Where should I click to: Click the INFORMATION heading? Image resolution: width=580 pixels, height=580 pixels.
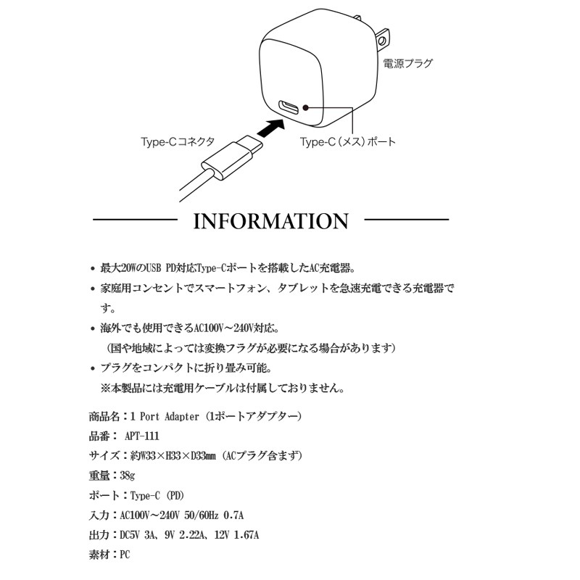270,221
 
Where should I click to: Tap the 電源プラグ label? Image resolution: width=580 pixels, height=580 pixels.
407,64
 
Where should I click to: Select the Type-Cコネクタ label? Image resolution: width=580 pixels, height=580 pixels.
178,141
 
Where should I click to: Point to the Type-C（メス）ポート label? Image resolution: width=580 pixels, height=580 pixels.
348,141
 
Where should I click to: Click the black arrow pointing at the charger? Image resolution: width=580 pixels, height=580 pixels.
270,128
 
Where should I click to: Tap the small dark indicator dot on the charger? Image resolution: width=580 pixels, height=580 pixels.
305,107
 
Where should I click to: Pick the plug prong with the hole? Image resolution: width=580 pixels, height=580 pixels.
382,39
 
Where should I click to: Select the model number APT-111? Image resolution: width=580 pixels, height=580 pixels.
142,436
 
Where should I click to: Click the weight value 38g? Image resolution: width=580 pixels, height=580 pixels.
128,476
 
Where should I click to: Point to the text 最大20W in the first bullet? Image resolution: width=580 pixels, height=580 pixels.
118,268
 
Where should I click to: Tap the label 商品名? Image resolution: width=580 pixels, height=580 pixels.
104,416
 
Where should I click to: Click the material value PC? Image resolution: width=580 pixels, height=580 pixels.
125,555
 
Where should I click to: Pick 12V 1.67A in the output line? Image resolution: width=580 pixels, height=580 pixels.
237,535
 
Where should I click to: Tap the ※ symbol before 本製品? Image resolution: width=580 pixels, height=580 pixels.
106,389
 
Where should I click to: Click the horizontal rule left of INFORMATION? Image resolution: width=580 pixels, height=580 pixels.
136,220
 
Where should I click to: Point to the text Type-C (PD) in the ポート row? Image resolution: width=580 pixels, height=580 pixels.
157,495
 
